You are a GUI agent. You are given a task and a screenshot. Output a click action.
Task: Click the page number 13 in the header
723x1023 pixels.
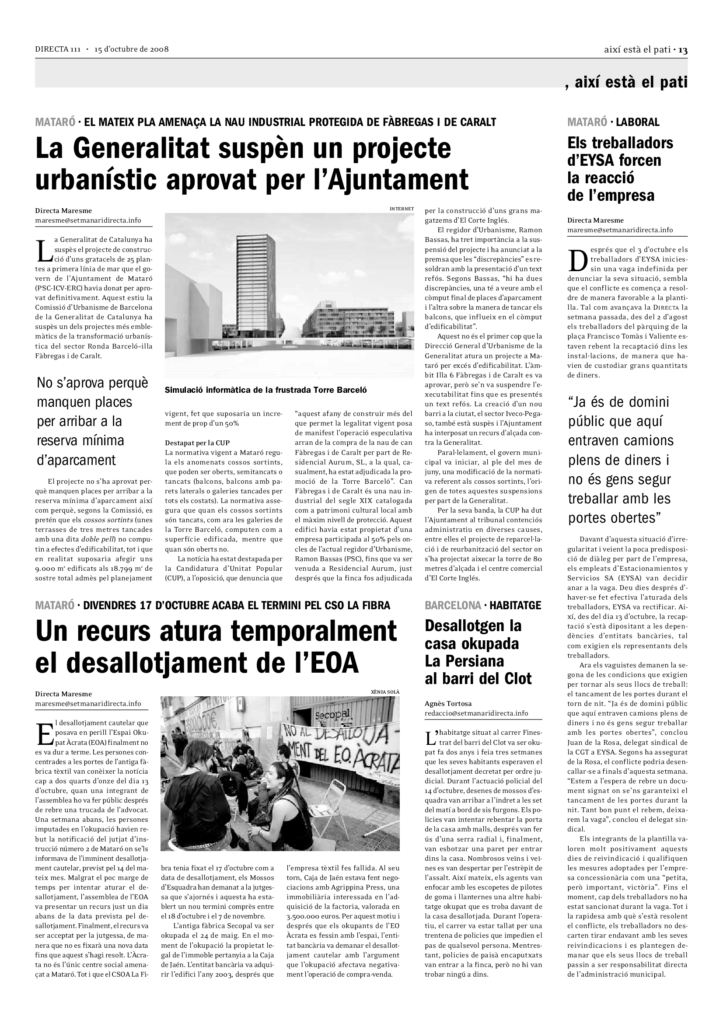click(x=683, y=50)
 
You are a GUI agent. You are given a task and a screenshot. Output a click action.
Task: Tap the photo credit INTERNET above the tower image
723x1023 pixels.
click(x=402, y=209)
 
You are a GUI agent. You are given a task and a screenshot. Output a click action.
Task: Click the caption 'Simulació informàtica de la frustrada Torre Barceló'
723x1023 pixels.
click(x=266, y=390)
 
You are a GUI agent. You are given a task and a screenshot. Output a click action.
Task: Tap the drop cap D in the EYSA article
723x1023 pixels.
click(x=577, y=260)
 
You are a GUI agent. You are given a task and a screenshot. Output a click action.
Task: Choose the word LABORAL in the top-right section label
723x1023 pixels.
click(x=637, y=122)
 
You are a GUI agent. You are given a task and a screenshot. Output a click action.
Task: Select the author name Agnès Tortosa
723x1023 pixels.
click(x=448, y=704)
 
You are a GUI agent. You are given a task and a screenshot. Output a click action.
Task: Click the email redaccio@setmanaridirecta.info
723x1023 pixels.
click(x=476, y=713)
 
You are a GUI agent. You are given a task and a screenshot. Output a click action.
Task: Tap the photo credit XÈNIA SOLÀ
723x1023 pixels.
click(x=385, y=692)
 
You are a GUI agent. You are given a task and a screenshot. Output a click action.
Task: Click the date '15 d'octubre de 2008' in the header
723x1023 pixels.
click(x=131, y=49)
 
